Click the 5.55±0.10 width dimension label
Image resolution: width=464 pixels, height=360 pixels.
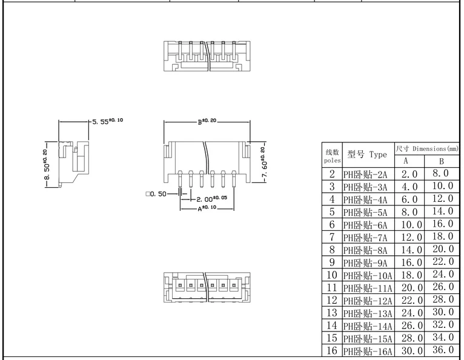coord(108,121)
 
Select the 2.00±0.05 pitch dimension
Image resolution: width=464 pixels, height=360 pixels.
coord(210,198)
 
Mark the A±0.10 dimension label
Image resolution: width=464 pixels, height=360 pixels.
coord(207,208)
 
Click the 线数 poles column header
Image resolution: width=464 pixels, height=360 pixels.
coord(333,156)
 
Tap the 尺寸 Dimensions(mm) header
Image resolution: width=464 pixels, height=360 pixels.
coord(426,148)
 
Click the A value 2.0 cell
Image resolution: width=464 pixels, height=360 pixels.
coord(409,174)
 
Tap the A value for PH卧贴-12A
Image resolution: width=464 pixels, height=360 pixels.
coord(409,300)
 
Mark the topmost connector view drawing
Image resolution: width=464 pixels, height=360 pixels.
coord(207,58)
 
